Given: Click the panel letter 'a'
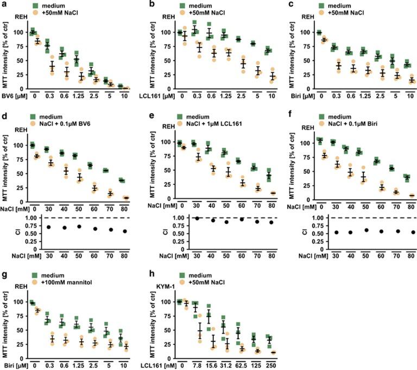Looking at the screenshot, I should click(x=3, y=5).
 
